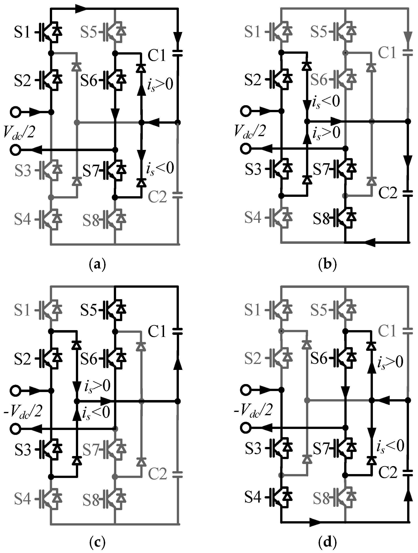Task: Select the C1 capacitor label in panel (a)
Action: [157, 55]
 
